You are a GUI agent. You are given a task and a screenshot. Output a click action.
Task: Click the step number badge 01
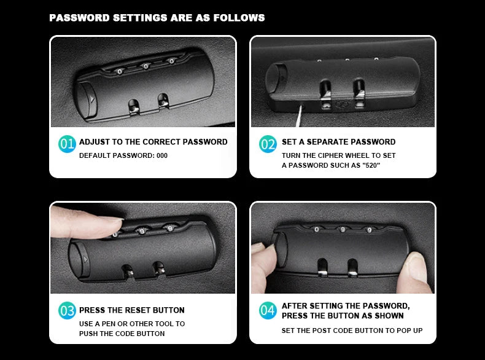(x=67, y=144)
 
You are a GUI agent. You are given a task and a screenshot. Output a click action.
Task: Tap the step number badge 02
(x=268, y=144)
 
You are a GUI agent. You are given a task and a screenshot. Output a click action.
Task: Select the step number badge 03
(x=67, y=310)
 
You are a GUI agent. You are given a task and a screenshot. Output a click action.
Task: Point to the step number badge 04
(x=268, y=310)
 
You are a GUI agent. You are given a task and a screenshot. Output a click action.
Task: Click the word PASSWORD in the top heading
(x=79, y=18)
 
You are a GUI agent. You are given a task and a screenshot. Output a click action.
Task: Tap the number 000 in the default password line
(x=162, y=155)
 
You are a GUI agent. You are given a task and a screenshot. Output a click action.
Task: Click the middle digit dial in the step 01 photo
(x=145, y=66)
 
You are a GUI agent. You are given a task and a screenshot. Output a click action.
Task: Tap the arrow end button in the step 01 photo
(x=87, y=99)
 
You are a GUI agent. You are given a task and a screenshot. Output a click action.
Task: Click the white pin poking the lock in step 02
(x=299, y=116)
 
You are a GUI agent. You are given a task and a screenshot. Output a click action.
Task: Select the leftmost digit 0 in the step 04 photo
(x=316, y=229)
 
